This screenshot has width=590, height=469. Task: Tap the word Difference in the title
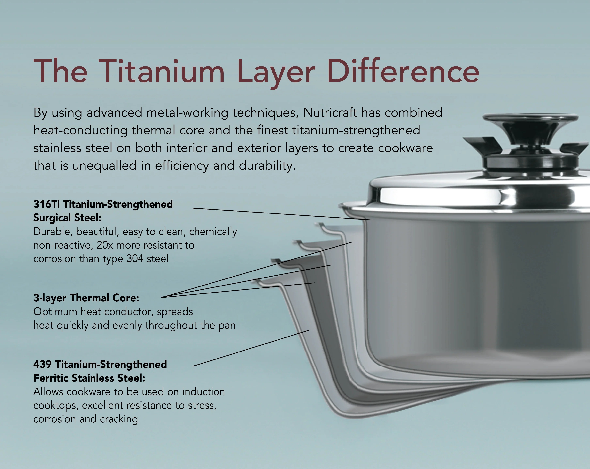[x=403, y=71]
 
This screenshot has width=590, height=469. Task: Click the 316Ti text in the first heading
[x=47, y=204]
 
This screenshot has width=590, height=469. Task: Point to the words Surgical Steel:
[x=67, y=218]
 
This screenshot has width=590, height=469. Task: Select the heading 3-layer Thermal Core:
[x=86, y=298]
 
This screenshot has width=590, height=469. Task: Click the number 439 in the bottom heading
[x=42, y=364]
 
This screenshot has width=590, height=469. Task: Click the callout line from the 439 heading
[x=250, y=348]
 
